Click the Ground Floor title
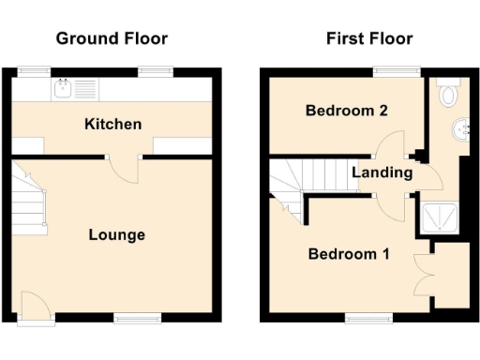coord(112,38)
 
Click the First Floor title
coord(368,38)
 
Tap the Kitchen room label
coord(112,124)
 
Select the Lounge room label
coord(116,234)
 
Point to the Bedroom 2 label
coord(346,111)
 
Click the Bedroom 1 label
coord(350,254)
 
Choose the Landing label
coord(382,172)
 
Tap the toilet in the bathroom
coord(448,92)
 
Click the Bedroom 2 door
coord(388,145)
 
